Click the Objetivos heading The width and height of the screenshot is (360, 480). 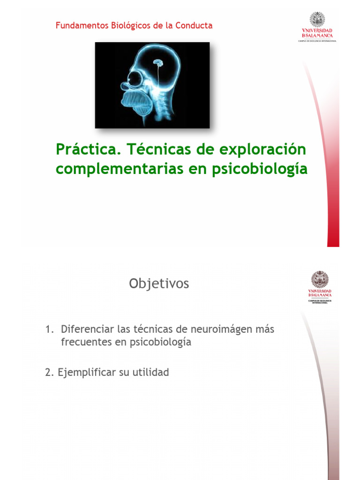tap(159, 284)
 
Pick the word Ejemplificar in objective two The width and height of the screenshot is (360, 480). tap(87, 373)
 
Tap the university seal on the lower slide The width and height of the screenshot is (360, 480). tap(320, 280)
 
